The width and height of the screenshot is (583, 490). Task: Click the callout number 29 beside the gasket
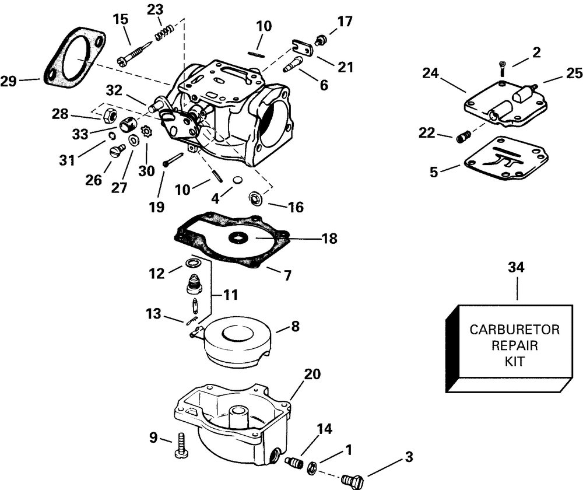click(x=9, y=82)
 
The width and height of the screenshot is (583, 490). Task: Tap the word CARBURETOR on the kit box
click(x=515, y=330)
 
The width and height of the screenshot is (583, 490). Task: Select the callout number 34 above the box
click(x=516, y=268)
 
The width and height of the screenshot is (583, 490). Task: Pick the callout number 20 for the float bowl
click(x=312, y=374)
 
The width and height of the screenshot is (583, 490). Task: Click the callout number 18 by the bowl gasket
click(x=329, y=239)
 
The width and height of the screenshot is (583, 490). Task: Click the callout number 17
click(x=345, y=23)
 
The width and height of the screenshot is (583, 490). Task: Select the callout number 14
click(x=324, y=430)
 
